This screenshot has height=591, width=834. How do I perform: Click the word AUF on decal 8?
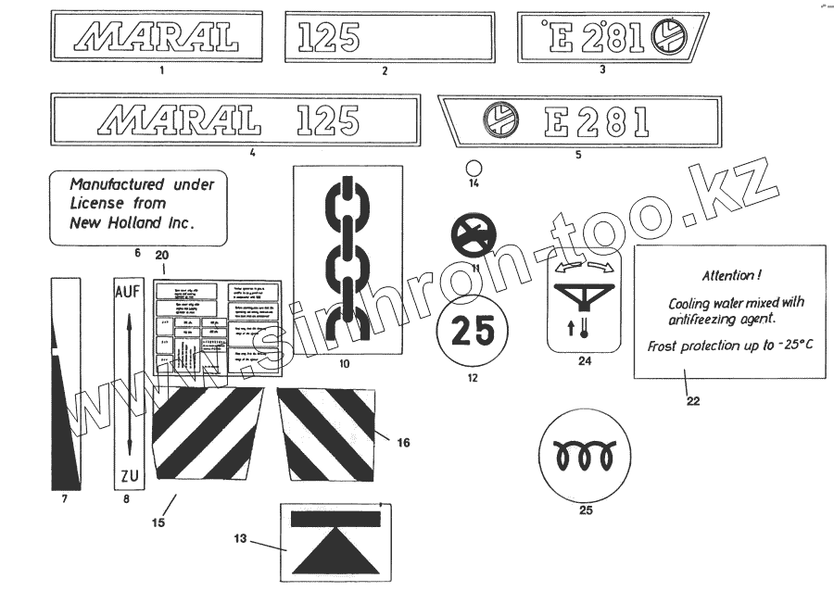(x=127, y=291)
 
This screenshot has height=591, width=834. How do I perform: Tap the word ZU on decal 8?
(x=129, y=477)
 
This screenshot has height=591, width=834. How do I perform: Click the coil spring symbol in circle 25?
(x=585, y=457)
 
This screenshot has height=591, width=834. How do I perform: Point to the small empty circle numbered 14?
(x=474, y=168)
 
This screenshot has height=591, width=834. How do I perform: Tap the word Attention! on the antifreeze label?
(x=732, y=274)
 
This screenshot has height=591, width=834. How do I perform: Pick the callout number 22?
(x=693, y=401)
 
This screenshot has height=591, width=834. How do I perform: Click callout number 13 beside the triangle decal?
(x=240, y=538)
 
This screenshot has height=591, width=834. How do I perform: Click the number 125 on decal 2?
(x=329, y=37)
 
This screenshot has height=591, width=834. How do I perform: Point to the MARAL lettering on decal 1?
(x=157, y=36)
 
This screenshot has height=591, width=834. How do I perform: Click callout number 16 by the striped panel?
(x=403, y=443)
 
